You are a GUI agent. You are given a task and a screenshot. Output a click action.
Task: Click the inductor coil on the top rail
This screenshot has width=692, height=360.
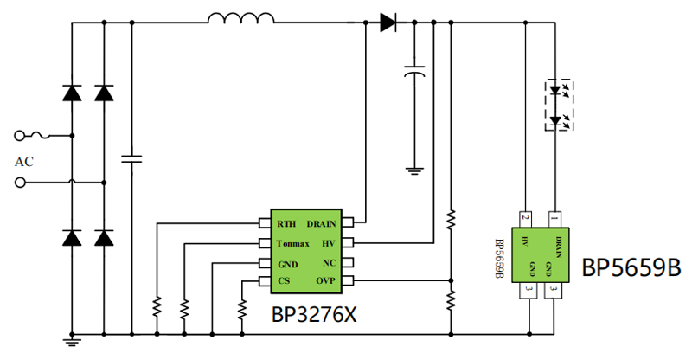pyautogui.click(x=240, y=17)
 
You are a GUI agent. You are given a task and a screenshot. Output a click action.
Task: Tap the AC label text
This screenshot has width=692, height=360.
pyautogui.click(x=24, y=162)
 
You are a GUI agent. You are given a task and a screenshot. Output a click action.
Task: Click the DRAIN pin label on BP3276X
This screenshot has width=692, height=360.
pyautogui.click(x=321, y=224)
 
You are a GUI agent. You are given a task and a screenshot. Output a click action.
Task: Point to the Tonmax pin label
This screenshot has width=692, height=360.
pyautogui.click(x=292, y=243)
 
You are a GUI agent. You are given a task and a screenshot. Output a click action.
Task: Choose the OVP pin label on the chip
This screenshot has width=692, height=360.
pyautogui.click(x=325, y=280)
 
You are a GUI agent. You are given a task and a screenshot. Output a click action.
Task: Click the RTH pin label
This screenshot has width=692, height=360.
pyautogui.click(x=286, y=224)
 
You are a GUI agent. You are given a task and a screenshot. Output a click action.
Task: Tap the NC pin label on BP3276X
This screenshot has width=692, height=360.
pyautogui.click(x=330, y=263)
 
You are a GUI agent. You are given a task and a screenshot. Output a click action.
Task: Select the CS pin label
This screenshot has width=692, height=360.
pyautogui.click(x=284, y=281)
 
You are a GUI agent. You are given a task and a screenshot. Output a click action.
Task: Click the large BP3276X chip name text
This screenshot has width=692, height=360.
pyautogui.click(x=314, y=315)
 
